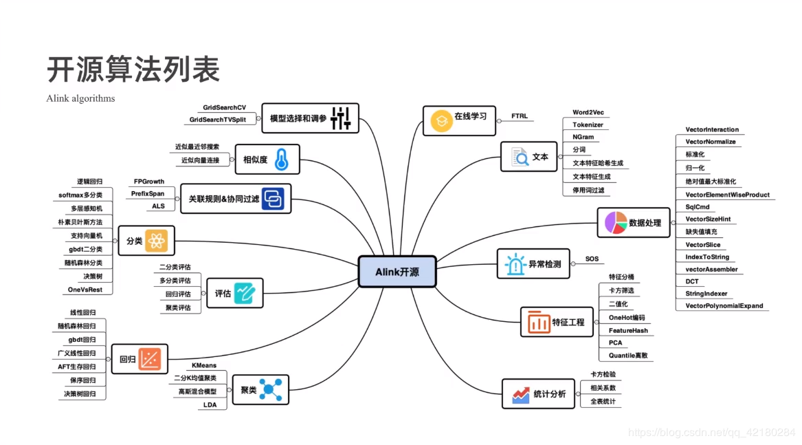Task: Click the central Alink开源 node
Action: click(397, 272)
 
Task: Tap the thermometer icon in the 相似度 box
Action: click(280, 160)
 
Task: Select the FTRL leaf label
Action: click(520, 116)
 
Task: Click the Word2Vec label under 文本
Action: click(588, 112)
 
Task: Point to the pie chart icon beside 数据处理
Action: click(616, 222)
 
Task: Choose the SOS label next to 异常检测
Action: click(592, 259)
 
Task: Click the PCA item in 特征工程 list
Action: click(615, 343)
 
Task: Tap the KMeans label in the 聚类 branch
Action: click(204, 365)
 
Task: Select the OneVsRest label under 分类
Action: click(85, 290)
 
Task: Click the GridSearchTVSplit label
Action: click(218, 120)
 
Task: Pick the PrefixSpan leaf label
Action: click(148, 194)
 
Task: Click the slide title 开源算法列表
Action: click(133, 69)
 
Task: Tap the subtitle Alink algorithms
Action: click(80, 98)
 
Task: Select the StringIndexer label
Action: click(706, 294)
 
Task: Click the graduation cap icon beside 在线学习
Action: click(440, 122)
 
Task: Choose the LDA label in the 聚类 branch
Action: click(210, 405)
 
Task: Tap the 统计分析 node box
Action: click(538, 394)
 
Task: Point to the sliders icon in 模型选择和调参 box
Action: click(341, 118)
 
